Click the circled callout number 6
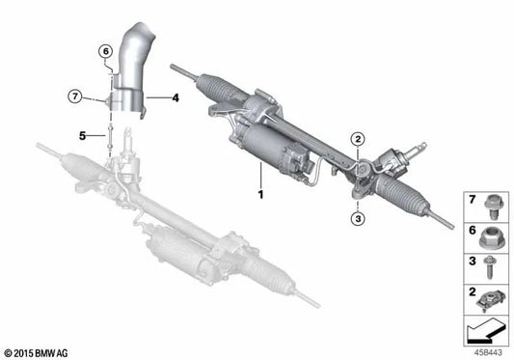103,51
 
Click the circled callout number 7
72,94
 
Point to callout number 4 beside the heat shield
176,97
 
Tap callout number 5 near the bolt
83,135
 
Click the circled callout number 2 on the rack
358,141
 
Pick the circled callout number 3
357,219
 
